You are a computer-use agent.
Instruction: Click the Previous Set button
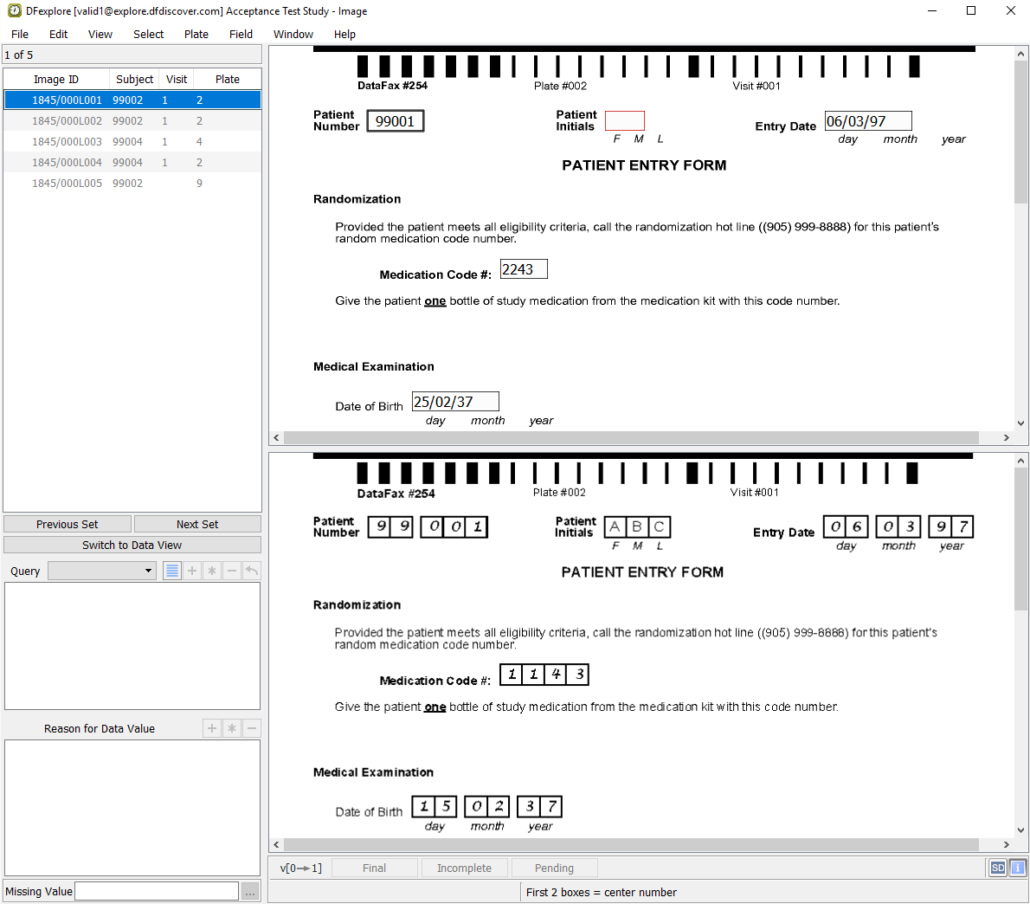point(67,524)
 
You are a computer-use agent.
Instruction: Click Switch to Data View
point(132,546)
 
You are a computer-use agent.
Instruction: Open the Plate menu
point(196,34)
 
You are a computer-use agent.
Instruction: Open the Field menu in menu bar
point(241,34)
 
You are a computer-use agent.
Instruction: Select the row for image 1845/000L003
point(132,142)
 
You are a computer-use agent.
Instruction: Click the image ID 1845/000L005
point(67,184)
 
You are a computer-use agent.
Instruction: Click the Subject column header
point(135,80)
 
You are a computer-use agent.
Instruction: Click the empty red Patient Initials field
point(625,121)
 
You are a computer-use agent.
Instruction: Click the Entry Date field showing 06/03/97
point(868,121)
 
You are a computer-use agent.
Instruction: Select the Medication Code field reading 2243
point(524,269)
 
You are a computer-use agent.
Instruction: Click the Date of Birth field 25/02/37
point(455,402)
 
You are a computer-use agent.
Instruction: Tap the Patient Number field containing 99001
point(396,121)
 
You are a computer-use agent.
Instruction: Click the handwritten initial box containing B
point(637,526)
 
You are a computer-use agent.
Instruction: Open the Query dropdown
point(102,571)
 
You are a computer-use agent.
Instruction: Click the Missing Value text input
point(157,892)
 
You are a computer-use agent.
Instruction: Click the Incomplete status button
point(465,868)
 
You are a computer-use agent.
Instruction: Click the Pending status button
point(555,868)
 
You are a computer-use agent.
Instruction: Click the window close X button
point(1011,10)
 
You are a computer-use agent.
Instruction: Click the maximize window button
point(971,10)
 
